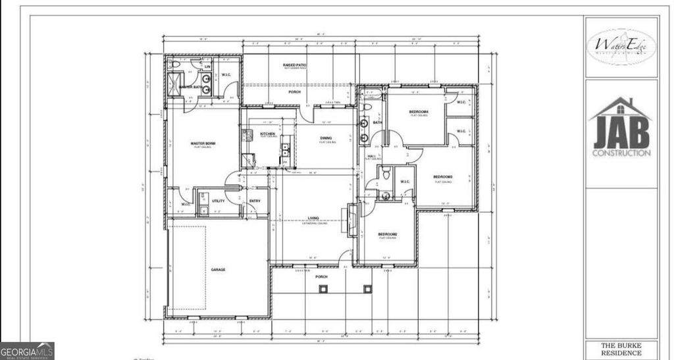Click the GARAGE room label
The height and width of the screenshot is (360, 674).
[218, 269]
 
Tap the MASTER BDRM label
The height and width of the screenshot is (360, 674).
[203, 143]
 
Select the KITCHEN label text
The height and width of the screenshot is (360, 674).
[267, 134]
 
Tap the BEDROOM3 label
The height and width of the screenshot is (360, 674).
[442, 176]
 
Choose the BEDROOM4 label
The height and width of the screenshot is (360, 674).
[419, 112]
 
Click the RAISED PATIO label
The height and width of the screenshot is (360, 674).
[295, 65]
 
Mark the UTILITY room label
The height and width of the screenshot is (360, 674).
[219, 201]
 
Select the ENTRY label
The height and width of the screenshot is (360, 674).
[255, 201]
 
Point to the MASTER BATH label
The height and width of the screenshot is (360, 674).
[190, 87]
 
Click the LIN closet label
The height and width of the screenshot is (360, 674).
[207, 66]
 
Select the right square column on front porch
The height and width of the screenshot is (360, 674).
[368, 289]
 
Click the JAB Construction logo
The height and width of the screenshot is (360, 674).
[621, 128]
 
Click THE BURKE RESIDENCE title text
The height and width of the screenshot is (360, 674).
[621, 349]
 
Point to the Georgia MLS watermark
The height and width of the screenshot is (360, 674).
[27, 351]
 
